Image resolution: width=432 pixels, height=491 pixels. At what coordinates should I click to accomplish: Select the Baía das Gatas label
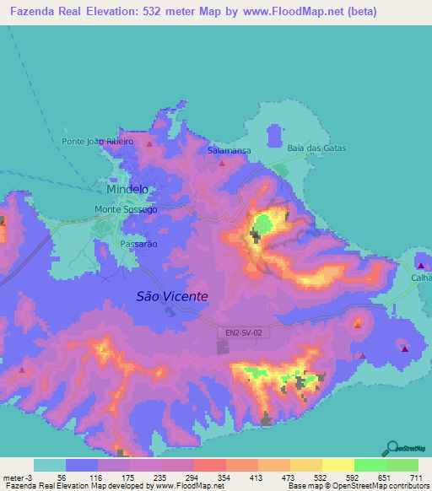click(316, 148)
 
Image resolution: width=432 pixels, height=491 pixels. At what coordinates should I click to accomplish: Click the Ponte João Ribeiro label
click(98, 142)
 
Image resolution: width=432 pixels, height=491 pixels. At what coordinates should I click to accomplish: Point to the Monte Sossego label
click(126, 209)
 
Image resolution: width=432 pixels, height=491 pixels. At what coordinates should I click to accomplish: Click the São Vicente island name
click(171, 296)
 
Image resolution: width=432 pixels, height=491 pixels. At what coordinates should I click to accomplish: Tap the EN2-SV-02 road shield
click(244, 333)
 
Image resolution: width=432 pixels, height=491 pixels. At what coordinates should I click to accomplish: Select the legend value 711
click(418, 477)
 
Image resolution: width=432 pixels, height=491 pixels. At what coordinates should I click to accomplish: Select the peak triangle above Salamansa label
click(223, 163)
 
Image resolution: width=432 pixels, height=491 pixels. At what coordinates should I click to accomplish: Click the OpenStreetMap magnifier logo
click(392, 448)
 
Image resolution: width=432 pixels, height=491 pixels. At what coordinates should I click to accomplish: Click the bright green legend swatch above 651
click(370, 465)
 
